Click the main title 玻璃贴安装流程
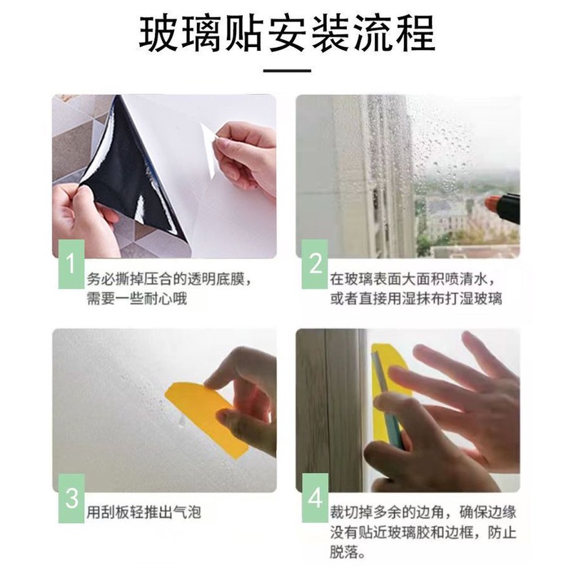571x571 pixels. (x=287, y=34)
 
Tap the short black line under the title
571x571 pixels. (x=287, y=70)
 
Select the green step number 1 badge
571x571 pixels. (x=71, y=264)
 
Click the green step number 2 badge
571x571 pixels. (x=315, y=264)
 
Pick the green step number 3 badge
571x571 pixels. (x=71, y=498)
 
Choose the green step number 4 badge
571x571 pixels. (x=315, y=498)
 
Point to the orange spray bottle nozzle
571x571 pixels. (x=493, y=203)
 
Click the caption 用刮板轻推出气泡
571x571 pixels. (x=143, y=512)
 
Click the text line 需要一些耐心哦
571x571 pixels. (x=136, y=298)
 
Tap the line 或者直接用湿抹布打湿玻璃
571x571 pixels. (x=416, y=298)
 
